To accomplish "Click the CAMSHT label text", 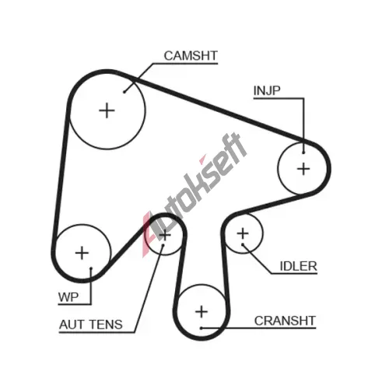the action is click(x=191, y=56).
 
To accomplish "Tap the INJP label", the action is click(x=267, y=90).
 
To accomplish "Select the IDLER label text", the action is click(x=299, y=266).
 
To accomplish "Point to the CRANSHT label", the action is click(x=285, y=321).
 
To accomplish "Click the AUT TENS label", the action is click(x=91, y=324).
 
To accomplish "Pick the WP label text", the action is click(x=68, y=297).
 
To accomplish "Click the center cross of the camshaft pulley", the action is click(x=107, y=110).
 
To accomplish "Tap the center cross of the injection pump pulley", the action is click(x=303, y=169).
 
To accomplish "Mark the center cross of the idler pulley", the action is click(x=243, y=233).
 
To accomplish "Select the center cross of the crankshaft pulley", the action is click(x=202, y=311).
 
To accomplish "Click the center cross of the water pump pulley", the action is click(x=82, y=253).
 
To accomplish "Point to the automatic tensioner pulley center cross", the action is click(x=165, y=236).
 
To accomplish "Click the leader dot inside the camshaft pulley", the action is click(x=124, y=92).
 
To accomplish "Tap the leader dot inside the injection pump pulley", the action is click(x=303, y=152).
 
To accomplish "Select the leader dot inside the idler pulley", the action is click(x=243, y=244).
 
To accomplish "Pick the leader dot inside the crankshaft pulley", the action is click(x=202, y=328).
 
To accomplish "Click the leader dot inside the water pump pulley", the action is click(x=91, y=268).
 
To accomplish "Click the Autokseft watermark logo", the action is click(x=194, y=194).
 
